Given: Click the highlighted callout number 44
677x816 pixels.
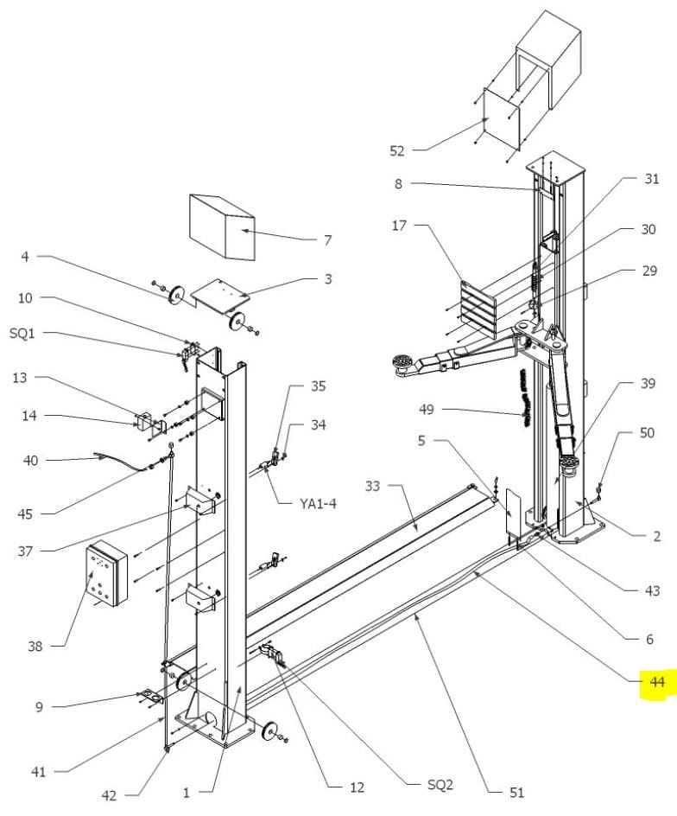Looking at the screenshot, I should coord(657,683).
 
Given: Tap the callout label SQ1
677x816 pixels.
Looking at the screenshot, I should coord(22,335).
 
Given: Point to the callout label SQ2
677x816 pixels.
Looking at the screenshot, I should coord(440,786).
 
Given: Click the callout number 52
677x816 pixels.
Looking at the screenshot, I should coord(396,150).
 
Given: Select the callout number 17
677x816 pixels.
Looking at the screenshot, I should coord(398,226).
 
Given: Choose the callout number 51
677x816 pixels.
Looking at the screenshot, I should coord(516,791).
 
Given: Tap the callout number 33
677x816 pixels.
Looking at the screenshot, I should coord(372,487).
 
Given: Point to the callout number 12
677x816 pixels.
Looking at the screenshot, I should coord(357,787).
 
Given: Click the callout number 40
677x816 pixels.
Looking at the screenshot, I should coord(31,461).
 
